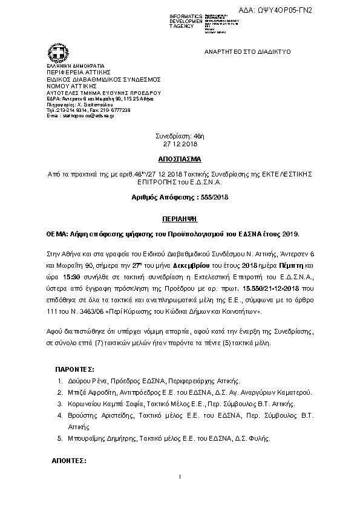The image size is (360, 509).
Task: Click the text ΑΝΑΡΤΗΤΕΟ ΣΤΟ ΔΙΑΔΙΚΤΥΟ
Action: [x=247, y=52]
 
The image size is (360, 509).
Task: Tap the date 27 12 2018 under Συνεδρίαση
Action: [x=180, y=145]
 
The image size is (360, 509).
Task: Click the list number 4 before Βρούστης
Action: [x=59, y=416]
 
